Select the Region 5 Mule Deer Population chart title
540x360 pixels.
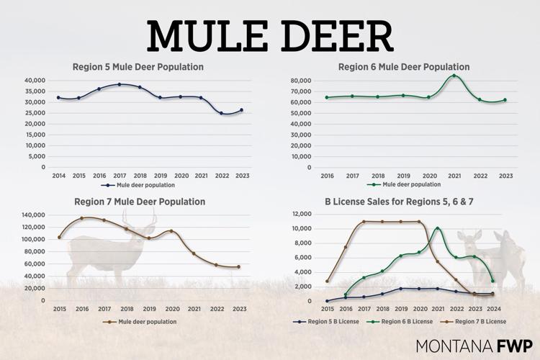138,67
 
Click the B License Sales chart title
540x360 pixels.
399,202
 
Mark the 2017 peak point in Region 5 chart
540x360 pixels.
120,84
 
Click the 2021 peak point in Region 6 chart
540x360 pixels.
454,76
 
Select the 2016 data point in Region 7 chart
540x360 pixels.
82,218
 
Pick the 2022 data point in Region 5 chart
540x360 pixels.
221,113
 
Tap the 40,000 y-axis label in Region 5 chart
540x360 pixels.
35,80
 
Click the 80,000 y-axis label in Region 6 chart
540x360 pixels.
302,80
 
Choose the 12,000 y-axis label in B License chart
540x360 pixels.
300,215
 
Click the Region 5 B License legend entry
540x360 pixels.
330,321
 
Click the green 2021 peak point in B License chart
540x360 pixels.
438,229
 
